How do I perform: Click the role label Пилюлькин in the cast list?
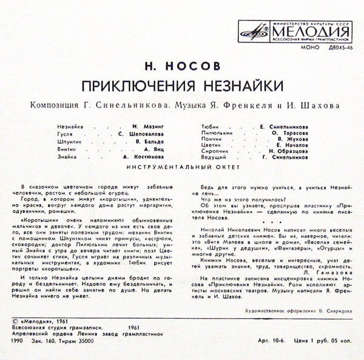(212, 131)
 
